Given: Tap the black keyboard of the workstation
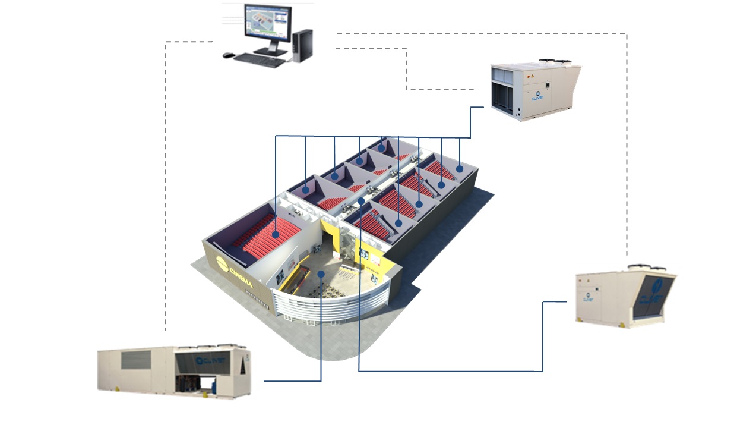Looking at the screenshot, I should pos(259,59).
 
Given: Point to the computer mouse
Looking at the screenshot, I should pos(227,55).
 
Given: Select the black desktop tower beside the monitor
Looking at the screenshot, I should pos(302,46).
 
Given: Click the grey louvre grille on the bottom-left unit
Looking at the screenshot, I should pos(137,360).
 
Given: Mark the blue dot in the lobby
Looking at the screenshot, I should pos(321,274).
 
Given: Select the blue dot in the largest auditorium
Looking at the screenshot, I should pos(276,235).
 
